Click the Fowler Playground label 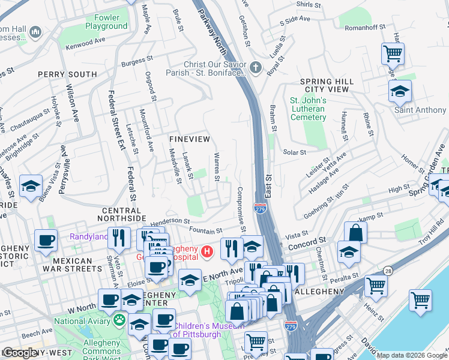pos(106,22)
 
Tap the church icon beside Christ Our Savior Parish pos(256,67)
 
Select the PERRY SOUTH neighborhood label pos(67,74)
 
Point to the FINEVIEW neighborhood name pos(189,139)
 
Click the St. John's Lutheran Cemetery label pos(308,109)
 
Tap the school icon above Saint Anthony pos(399,92)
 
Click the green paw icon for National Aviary pos(119,320)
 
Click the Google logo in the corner pos(20,353)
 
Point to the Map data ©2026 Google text pos(411,355)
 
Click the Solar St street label pos(295,152)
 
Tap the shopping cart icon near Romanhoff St pos(392,54)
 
